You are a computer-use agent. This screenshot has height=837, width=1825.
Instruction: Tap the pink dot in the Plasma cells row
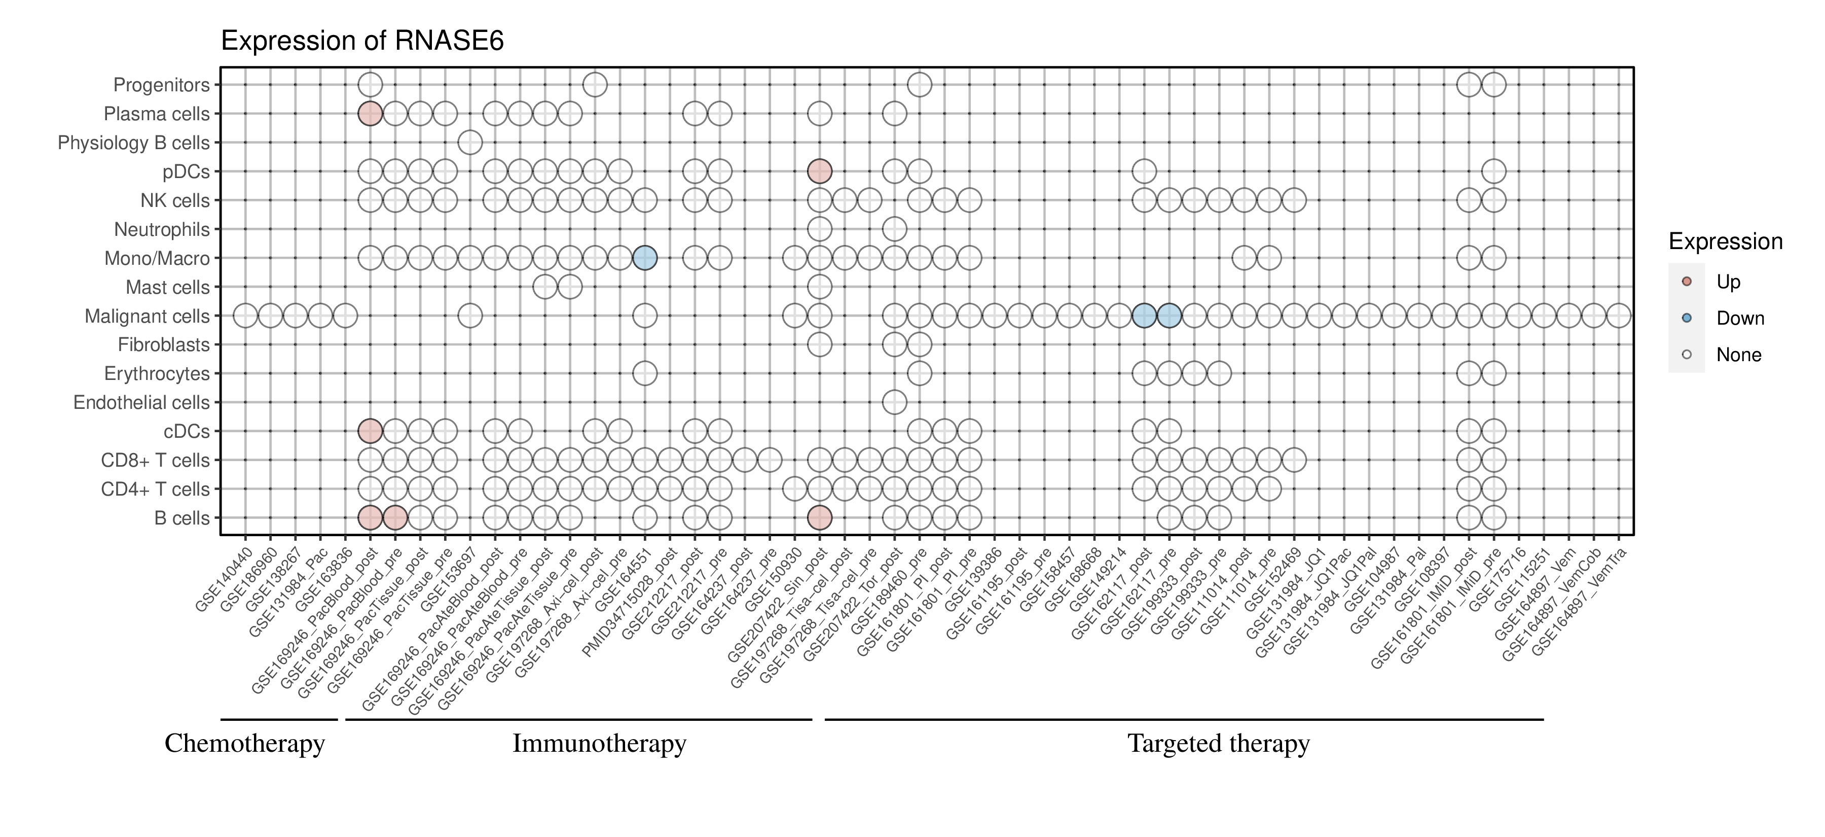coord(370,114)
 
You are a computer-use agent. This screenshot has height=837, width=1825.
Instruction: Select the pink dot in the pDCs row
coord(819,171)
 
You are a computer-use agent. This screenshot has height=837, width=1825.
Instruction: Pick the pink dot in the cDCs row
coord(370,431)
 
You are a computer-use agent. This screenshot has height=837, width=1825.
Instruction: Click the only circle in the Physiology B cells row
coord(470,143)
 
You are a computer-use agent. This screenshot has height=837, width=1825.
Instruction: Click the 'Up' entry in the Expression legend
coord(1728,282)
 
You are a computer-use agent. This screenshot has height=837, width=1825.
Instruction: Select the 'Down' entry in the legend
coord(1739,318)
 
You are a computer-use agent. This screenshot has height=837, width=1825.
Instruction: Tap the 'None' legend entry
coord(1738,355)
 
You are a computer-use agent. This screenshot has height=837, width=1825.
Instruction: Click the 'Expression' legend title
coord(1725,241)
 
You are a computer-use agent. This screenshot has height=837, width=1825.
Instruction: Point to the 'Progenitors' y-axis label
coord(162,85)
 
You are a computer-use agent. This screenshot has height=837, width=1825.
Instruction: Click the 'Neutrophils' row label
coord(162,230)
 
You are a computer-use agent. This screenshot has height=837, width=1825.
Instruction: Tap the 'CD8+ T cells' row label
coord(155,461)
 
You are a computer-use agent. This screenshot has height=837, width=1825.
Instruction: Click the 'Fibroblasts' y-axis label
coord(164,345)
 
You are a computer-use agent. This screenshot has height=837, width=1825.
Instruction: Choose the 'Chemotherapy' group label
coord(244,744)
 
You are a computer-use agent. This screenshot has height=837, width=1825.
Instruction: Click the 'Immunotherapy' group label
coord(599,744)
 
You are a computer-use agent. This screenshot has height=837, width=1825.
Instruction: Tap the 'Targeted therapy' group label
coord(1219,744)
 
